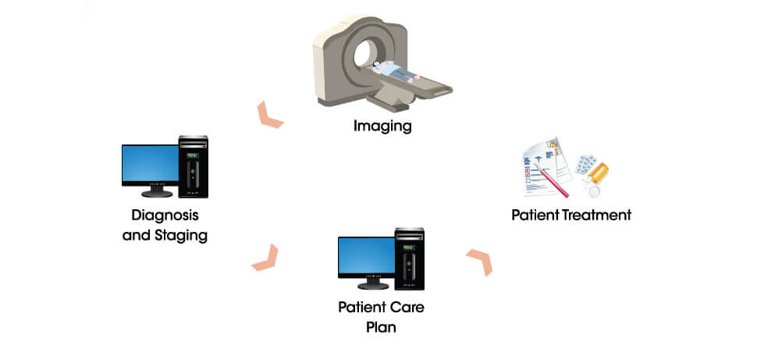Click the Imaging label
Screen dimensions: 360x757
coord(382,125)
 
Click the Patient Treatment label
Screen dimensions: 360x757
coord(570,215)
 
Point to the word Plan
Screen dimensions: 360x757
coord(381,326)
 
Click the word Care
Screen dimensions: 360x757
coord(407,307)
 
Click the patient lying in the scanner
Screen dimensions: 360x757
coord(394,70)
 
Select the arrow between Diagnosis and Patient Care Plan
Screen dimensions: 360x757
coord(265,257)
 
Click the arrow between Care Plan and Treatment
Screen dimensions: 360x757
coord(480,262)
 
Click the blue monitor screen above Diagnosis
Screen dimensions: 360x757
coord(150,164)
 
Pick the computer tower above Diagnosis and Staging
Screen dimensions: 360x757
coord(194,166)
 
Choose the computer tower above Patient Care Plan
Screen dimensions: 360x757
coord(409,258)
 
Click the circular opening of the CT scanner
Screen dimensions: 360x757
coord(365,55)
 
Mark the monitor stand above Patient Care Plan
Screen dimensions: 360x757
coord(365,285)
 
